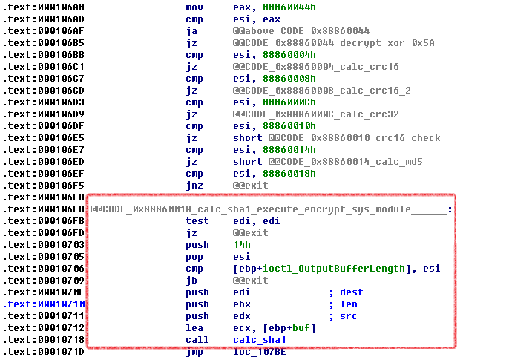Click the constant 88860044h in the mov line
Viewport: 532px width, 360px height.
(289, 7)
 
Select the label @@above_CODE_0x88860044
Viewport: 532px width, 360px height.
(301, 31)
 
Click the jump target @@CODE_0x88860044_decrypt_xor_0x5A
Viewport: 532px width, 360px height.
(333, 43)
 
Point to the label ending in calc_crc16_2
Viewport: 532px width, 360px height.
(321, 91)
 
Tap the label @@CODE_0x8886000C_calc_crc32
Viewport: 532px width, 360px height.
(316, 114)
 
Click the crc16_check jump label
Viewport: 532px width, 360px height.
(354, 138)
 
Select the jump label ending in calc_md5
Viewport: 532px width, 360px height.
(346, 162)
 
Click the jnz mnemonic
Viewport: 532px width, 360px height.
(194, 186)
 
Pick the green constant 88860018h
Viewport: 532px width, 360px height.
(289, 174)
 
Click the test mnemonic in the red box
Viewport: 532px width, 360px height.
(197, 221)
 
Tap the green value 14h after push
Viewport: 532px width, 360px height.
(242, 245)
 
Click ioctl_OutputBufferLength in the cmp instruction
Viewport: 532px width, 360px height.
(333, 269)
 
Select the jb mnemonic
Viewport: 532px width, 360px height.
(191, 281)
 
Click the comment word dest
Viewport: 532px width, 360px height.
(352, 292)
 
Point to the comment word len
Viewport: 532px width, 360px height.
(349, 304)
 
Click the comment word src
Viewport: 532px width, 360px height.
(349, 316)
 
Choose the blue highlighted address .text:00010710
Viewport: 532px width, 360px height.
(44, 304)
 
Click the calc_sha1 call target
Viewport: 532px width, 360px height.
(260, 340)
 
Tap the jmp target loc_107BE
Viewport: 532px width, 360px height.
(260, 352)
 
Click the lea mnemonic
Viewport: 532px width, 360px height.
(194, 328)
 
